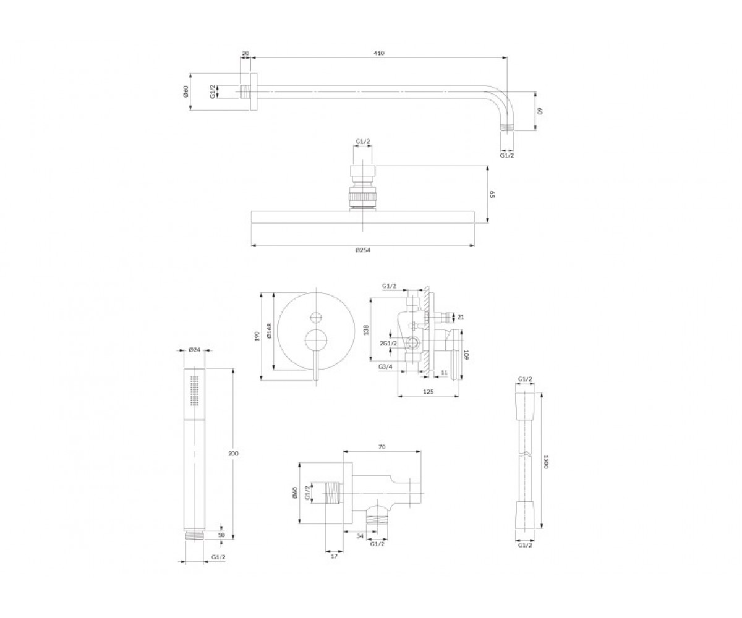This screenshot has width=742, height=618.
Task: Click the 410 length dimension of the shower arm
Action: click(379, 53)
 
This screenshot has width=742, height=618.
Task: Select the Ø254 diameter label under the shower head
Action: click(362, 250)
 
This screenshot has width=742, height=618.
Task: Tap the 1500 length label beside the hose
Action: click(546, 462)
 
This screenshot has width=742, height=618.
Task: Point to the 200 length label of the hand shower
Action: click(233, 454)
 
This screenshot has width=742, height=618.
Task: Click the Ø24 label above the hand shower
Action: click(194, 350)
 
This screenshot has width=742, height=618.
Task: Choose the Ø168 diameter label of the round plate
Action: click(269, 331)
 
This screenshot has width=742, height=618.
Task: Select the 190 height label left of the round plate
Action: click(257, 336)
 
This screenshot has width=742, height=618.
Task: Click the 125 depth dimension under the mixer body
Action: click(429, 391)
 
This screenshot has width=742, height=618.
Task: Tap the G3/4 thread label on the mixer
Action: click(386, 366)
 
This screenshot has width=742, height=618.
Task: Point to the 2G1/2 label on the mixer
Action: click(388, 344)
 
